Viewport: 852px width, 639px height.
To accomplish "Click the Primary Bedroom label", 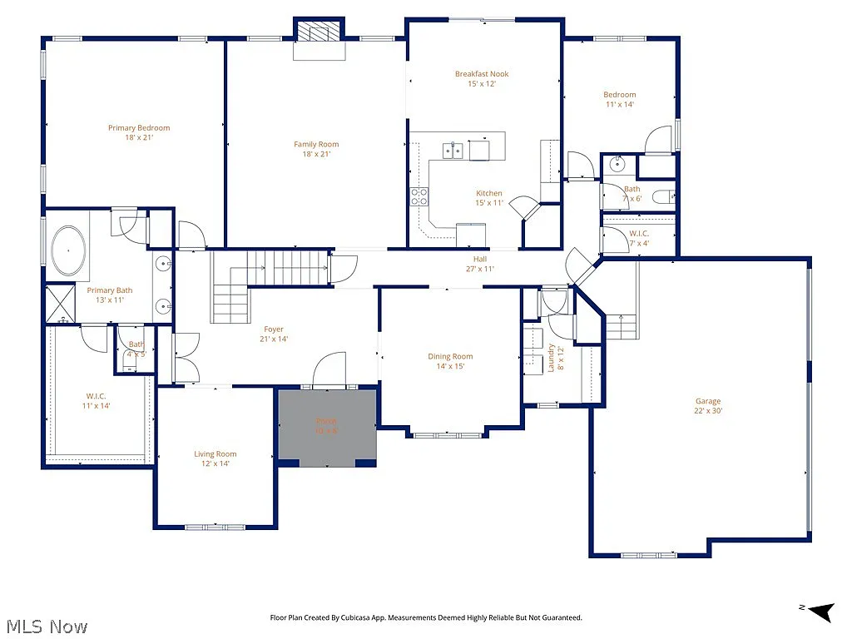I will [139, 132].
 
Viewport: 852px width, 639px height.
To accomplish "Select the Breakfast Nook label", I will [482, 78].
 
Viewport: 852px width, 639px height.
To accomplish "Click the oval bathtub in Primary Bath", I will [68, 251].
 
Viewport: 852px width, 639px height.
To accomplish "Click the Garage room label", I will [708, 405].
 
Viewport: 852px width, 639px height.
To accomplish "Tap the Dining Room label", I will [450, 361].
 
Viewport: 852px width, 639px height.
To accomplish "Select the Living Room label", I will [215, 458].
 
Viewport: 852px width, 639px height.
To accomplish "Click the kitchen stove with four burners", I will [419, 196].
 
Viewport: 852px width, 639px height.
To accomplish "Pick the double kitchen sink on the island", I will [453, 151].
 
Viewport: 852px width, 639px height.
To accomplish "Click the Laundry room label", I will [551, 359].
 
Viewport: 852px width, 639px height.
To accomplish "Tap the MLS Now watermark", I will [46, 626].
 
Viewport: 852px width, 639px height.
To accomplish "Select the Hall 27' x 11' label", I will [480, 264].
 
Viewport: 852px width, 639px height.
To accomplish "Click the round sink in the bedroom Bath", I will [617, 164].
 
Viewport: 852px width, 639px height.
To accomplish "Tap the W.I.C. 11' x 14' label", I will [97, 401].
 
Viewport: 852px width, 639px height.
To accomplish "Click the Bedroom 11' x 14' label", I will [619, 100].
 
